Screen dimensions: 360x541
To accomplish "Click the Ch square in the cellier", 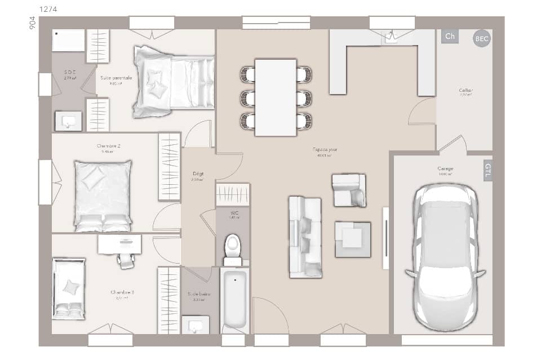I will coord(450,37).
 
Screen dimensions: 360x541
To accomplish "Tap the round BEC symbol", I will coord(482,38).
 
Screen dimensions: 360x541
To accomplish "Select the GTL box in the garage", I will coord(487,171).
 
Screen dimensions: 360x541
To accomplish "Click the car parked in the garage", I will coord(445,256).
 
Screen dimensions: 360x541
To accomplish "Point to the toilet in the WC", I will coord(232,248).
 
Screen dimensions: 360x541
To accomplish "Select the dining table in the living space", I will coord(276,97).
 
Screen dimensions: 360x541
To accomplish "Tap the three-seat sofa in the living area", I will coord(305,237).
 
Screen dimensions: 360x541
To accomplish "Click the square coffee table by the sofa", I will coord(353,239).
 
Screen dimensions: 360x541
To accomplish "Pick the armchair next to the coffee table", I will coord(349,190).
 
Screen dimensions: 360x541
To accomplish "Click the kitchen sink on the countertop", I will coord(391,37).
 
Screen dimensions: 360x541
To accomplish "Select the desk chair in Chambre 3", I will coord(126,259).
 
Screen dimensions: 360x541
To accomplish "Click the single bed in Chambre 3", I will coord(69,288).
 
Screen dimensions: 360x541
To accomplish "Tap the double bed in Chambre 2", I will coord(103,195).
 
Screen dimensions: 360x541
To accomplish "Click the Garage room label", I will coord(445,168).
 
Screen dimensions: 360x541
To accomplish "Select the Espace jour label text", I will coord(325,149).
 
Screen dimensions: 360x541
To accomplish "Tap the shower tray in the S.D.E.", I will coord(68,41).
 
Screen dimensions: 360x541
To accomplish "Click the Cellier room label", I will coord(465,90).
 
